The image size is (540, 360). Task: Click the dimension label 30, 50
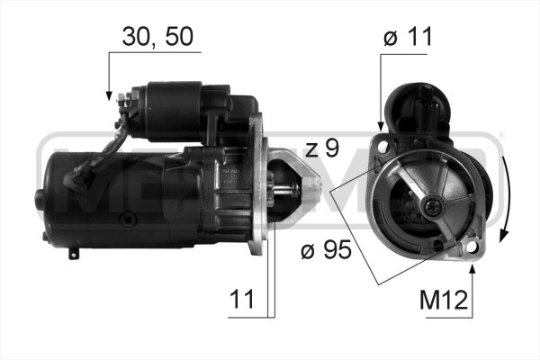[x=157, y=37]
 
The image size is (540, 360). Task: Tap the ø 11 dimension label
[x=408, y=37]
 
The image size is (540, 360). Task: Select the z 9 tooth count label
[x=322, y=148]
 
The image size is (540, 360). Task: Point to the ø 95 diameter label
[x=326, y=249]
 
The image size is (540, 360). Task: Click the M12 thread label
[x=444, y=300]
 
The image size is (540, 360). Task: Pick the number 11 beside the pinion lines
[x=242, y=299]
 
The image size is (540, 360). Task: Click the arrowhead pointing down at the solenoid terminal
[x=109, y=96]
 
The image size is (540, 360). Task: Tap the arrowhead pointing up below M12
[x=472, y=269]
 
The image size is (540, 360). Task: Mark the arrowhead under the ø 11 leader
[x=381, y=126]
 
